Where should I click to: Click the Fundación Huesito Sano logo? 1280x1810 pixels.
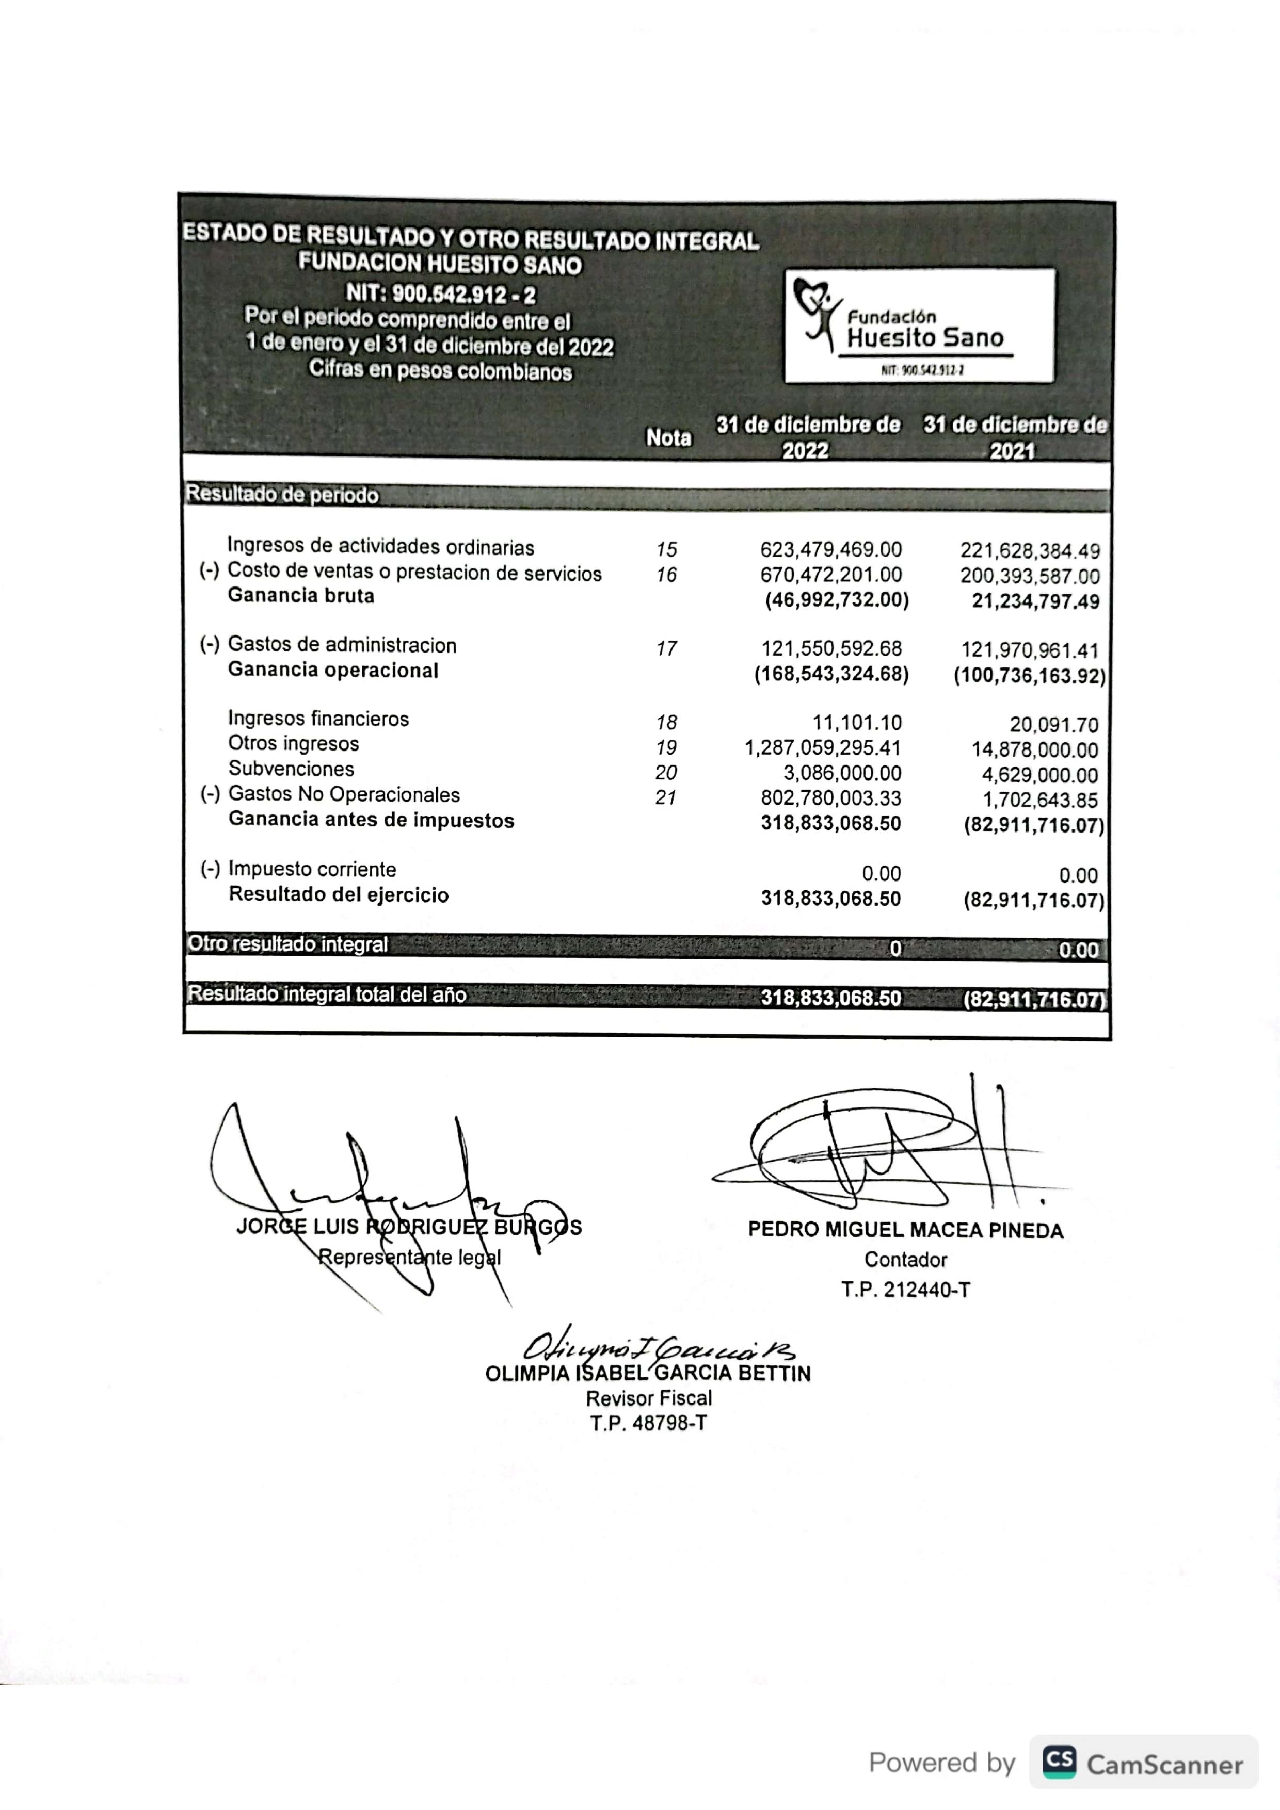point(919,325)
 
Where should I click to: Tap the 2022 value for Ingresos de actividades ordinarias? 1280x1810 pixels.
point(830,549)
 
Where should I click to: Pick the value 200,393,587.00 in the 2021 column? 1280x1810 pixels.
point(1029,576)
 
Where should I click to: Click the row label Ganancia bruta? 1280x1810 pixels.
point(300,596)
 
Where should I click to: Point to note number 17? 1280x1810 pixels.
point(666,649)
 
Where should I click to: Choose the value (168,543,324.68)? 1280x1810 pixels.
point(831,675)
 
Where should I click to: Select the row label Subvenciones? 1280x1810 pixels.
point(291,769)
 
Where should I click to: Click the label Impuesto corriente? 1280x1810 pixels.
point(312,870)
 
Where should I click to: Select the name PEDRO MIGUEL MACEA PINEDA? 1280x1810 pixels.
point(905,1231)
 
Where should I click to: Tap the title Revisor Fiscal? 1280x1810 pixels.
point(648,1398)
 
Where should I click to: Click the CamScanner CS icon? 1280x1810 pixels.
point(1059,1763)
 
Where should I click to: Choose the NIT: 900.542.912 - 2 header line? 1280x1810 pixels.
point(440,295)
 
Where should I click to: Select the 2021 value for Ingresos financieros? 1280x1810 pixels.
point(1053,725)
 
